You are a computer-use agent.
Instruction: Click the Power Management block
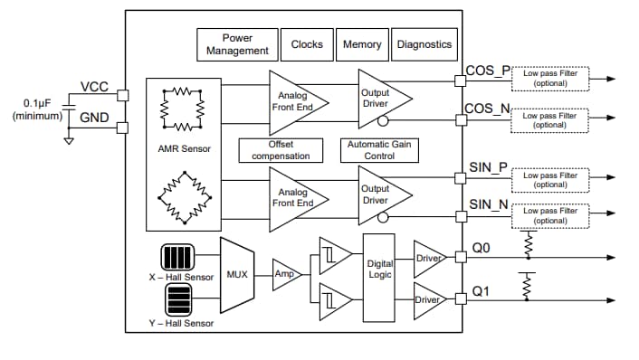point(237,44)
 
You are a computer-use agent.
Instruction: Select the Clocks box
point(307,44)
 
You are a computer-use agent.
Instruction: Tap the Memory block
point(362,44)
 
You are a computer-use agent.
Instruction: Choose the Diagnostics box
point(424,44)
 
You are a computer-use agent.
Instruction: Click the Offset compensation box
point(281,150)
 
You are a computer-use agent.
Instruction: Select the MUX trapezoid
point(237,273)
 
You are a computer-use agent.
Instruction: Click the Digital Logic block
point(379,269)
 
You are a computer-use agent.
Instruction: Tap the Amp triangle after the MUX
point(285,272)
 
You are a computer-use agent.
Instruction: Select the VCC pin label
point(95,87)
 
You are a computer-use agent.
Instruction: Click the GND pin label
point(95,118)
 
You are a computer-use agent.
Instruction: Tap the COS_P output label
point(488,71)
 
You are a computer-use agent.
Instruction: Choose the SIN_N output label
point(488,204)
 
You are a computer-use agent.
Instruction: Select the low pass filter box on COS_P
point(550,79)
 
